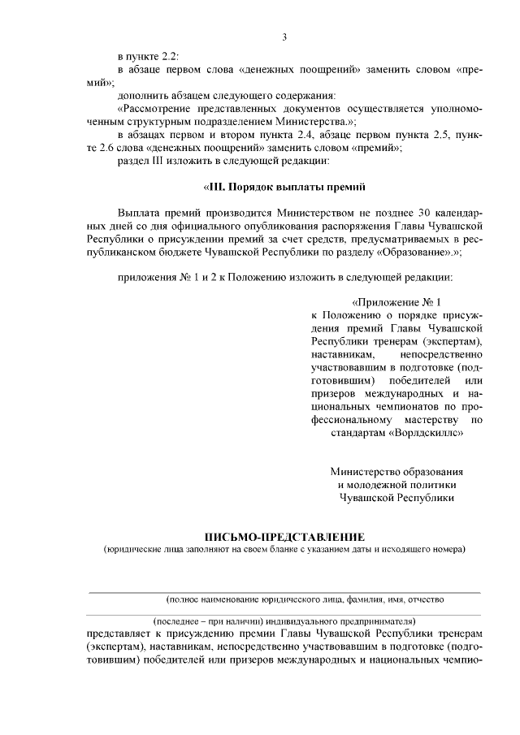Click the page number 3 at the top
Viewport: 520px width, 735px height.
(x=284, y=37)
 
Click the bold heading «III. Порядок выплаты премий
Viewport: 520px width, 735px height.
(x=284, y=188)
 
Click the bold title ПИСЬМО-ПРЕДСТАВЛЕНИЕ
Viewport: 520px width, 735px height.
(x=284, y=537)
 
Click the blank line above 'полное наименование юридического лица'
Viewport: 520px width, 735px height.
(x=284, y=591)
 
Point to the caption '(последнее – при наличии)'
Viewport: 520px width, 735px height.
(x=211, y=621)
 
